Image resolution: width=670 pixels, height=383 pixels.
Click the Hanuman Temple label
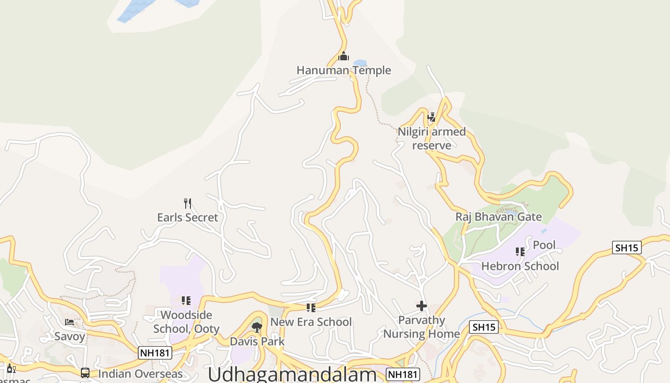344,70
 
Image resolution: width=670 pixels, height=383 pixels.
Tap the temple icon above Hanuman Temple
344,56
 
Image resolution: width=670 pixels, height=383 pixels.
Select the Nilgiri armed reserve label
432,138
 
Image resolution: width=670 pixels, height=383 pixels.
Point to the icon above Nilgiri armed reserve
432,117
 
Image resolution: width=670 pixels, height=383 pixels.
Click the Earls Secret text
188,217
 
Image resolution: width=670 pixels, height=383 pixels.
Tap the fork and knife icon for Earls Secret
188,203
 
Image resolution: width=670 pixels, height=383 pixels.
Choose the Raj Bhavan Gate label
498,217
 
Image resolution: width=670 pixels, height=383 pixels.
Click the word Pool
544,245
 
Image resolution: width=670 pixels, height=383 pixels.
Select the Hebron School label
520,266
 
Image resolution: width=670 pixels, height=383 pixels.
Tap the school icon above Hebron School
520,251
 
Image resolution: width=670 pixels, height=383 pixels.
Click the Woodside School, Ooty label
186,322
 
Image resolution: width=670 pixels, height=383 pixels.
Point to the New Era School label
311,322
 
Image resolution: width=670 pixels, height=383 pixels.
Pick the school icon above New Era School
311,307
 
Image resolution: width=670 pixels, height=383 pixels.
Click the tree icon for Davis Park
257,327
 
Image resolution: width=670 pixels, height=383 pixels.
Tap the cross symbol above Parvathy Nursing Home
422,306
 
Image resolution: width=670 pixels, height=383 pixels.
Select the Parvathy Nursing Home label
422,327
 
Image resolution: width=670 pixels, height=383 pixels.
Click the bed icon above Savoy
69,322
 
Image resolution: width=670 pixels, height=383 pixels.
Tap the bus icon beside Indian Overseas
85,373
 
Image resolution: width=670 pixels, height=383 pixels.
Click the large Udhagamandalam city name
292,374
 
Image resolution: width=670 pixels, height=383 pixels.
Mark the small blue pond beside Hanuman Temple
360,63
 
